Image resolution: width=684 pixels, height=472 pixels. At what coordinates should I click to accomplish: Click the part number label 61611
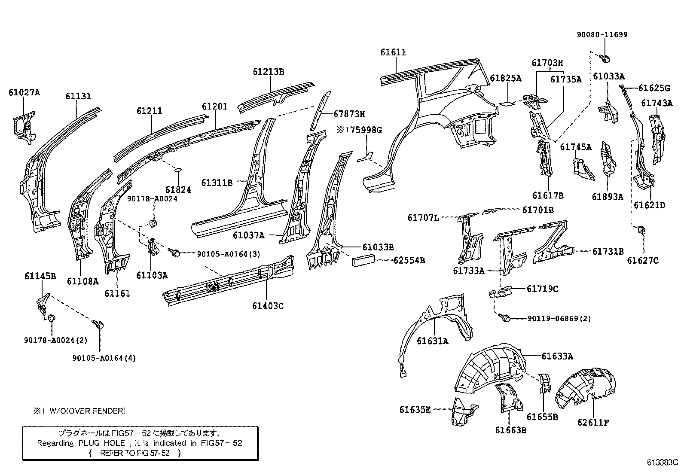coord(393,52)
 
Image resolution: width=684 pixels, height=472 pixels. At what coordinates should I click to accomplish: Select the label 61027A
coord(24,92)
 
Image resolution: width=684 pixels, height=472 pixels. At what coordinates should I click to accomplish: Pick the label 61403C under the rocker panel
coord(268,306)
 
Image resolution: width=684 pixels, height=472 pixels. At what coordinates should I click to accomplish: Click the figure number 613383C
coord(662,463)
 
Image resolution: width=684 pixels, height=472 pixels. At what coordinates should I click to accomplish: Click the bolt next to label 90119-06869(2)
coord(506,318)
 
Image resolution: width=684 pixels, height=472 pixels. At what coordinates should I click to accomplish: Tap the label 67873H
coord(349,114)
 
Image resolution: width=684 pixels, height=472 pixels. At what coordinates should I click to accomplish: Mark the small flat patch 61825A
coord(507,103)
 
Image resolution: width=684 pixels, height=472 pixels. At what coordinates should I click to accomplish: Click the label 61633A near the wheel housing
coord(557,356)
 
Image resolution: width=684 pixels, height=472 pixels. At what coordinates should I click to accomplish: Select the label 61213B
coord(268,71)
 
